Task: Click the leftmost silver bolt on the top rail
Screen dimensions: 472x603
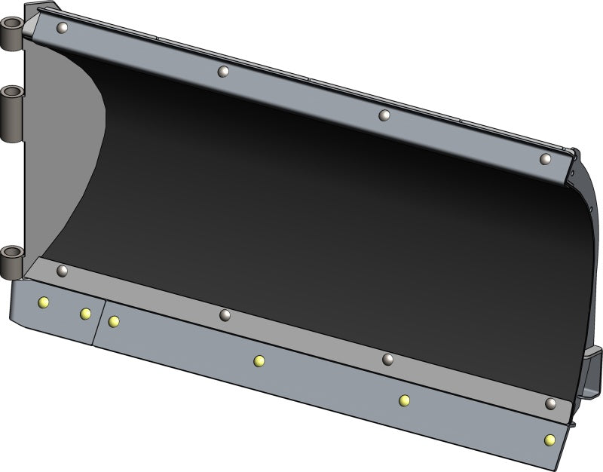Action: (63, 28)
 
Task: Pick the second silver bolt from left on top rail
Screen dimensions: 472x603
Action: (223, 72)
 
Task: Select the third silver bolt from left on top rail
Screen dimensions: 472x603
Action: (384, 115)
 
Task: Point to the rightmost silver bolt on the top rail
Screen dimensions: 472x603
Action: (546, 158)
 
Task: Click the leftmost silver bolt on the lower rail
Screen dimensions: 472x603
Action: (63, 270)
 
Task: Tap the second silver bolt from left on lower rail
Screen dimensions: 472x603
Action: (225, 314)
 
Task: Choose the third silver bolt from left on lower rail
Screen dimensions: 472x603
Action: (388, 360)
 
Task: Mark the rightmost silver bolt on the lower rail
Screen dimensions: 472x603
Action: (551, 404)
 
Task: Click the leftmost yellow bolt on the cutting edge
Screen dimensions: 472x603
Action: (43, 302)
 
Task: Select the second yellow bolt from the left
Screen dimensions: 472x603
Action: (85, 314)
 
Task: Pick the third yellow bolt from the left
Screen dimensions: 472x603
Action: (114, 322)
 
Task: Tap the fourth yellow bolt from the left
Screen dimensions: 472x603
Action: (259, 361)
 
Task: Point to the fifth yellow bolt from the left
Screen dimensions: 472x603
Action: (405, 400)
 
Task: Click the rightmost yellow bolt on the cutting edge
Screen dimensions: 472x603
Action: (550, 440)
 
